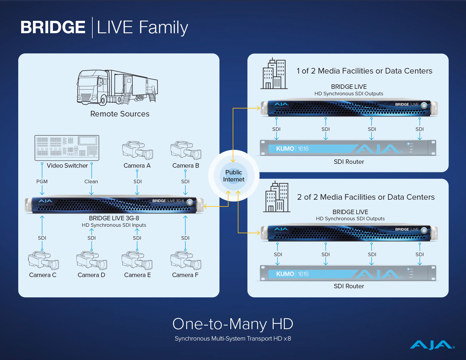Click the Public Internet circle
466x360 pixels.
point(234,176)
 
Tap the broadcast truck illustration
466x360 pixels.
point(117,87)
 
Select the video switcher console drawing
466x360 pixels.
point(67,148)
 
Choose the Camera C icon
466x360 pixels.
point(43,260)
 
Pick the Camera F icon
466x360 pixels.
point(186,260)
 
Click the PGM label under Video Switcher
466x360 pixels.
point(42,181)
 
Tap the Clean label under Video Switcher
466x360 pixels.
point(91,181)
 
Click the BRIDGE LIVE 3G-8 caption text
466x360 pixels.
point(114,218)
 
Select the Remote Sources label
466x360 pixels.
point(120,114)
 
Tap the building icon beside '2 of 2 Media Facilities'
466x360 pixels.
point(277,197)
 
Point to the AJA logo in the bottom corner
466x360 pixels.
point(432,345)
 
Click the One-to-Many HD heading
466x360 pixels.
point(233,324)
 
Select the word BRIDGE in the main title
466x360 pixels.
point(53,27)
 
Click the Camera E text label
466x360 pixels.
point(137,275)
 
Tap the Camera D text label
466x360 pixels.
point(91,275)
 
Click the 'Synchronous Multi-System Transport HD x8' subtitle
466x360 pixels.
point(233,339)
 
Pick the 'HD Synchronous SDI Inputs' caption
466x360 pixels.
point(114,225)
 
